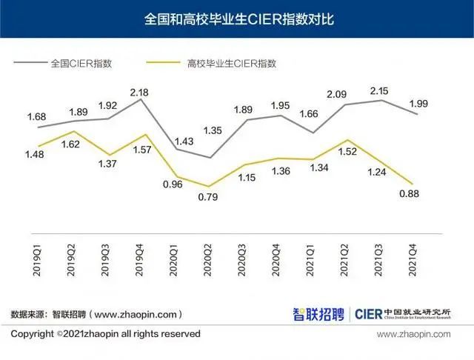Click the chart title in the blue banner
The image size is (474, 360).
click(x=238, y=19)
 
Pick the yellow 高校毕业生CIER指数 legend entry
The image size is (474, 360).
click(x=227, y=64)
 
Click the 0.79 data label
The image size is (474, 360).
click(x=209, y=198)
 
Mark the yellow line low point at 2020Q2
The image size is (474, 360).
click(x=210, y=187)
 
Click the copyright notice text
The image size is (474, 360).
click(x=105, y=334)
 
